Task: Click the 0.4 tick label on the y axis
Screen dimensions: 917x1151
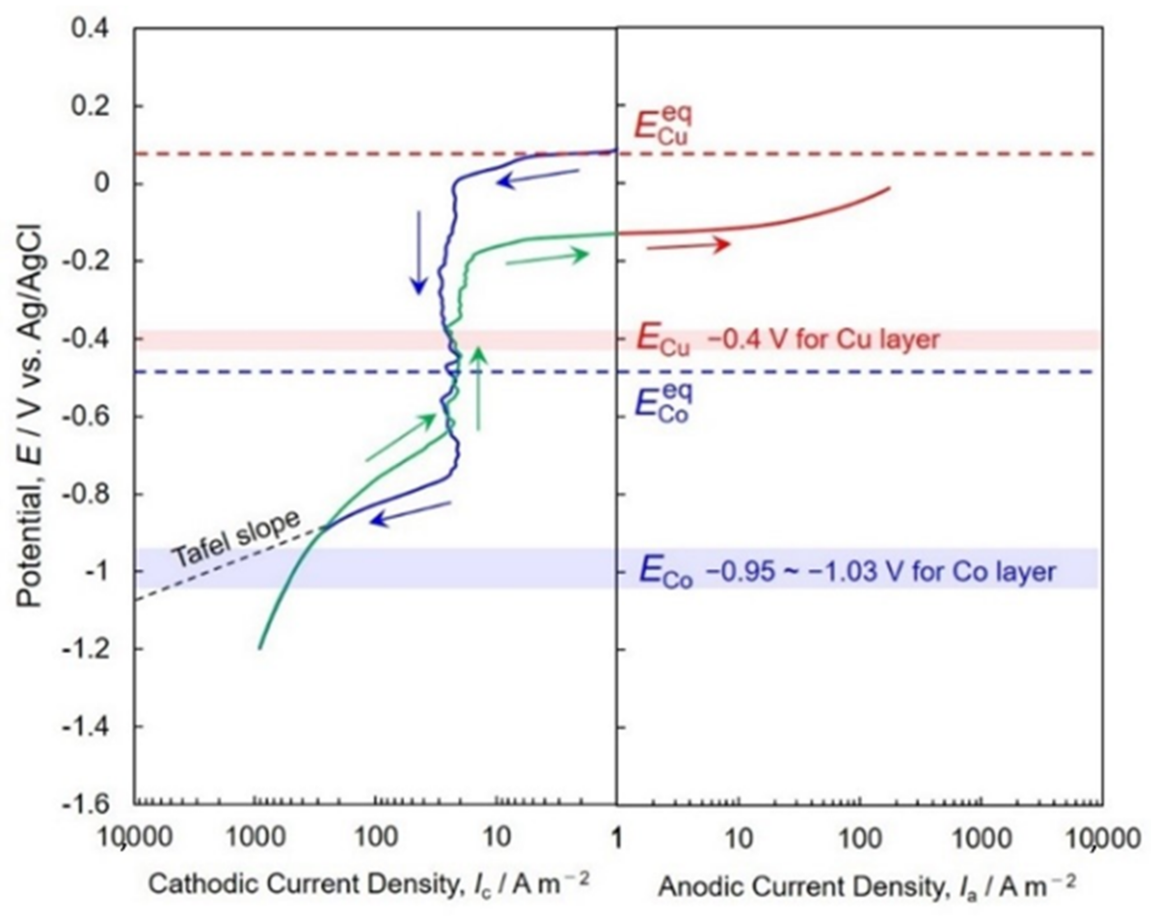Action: coord(91,28)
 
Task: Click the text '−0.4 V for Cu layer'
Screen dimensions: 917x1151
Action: coord(822,340)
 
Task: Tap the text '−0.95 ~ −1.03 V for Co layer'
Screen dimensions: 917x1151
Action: coord(881,572)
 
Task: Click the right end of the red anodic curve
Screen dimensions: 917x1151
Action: coord(889,188)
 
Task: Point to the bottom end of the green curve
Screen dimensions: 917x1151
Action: coord(260,648)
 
